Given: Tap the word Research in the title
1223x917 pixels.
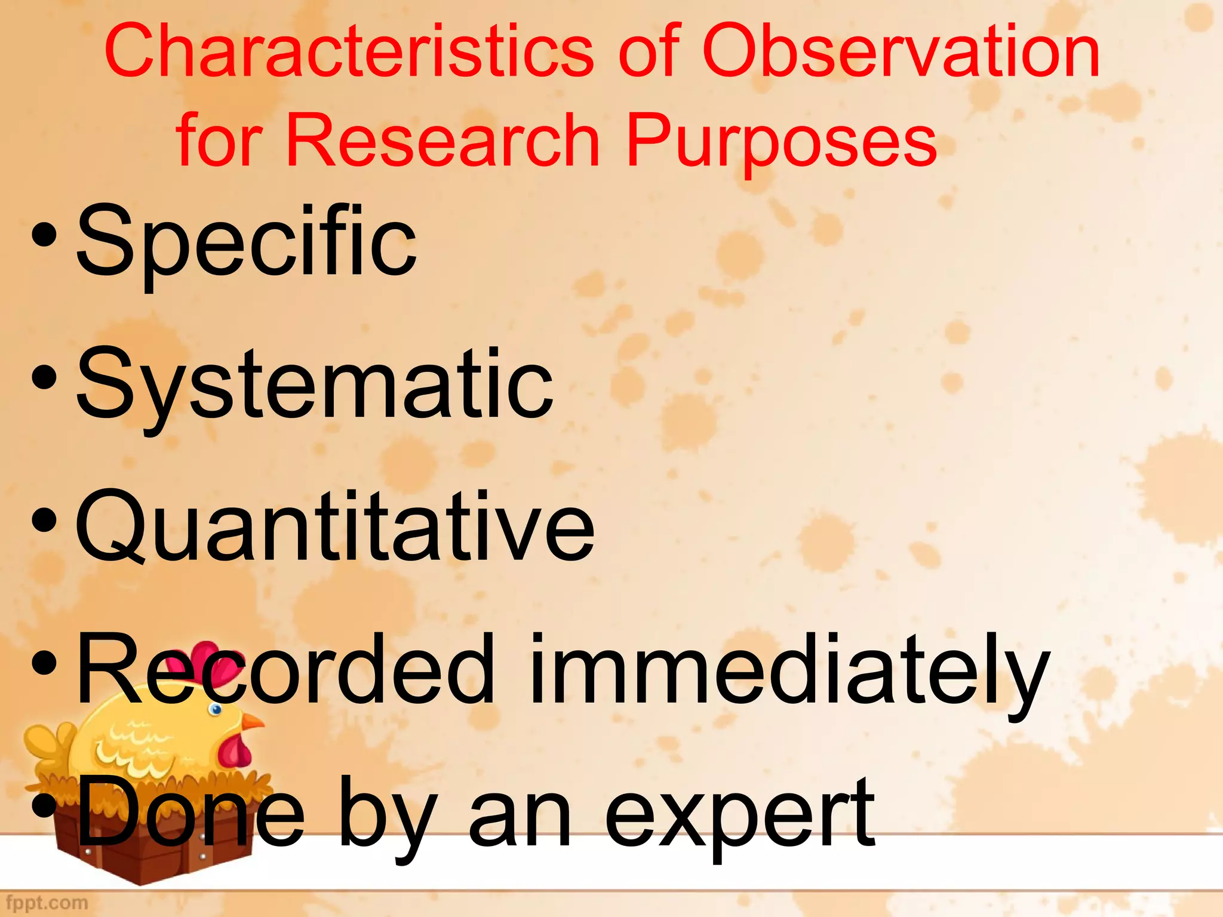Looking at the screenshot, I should coord(443,141).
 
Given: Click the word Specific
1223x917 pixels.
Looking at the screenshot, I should coord(247,242).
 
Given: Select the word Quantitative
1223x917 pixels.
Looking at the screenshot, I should coord(335,527).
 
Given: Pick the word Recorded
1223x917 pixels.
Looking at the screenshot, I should coord(285,670).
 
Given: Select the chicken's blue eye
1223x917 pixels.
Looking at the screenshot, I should coord(216,709).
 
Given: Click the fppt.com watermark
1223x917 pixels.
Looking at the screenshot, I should coord(47,901).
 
